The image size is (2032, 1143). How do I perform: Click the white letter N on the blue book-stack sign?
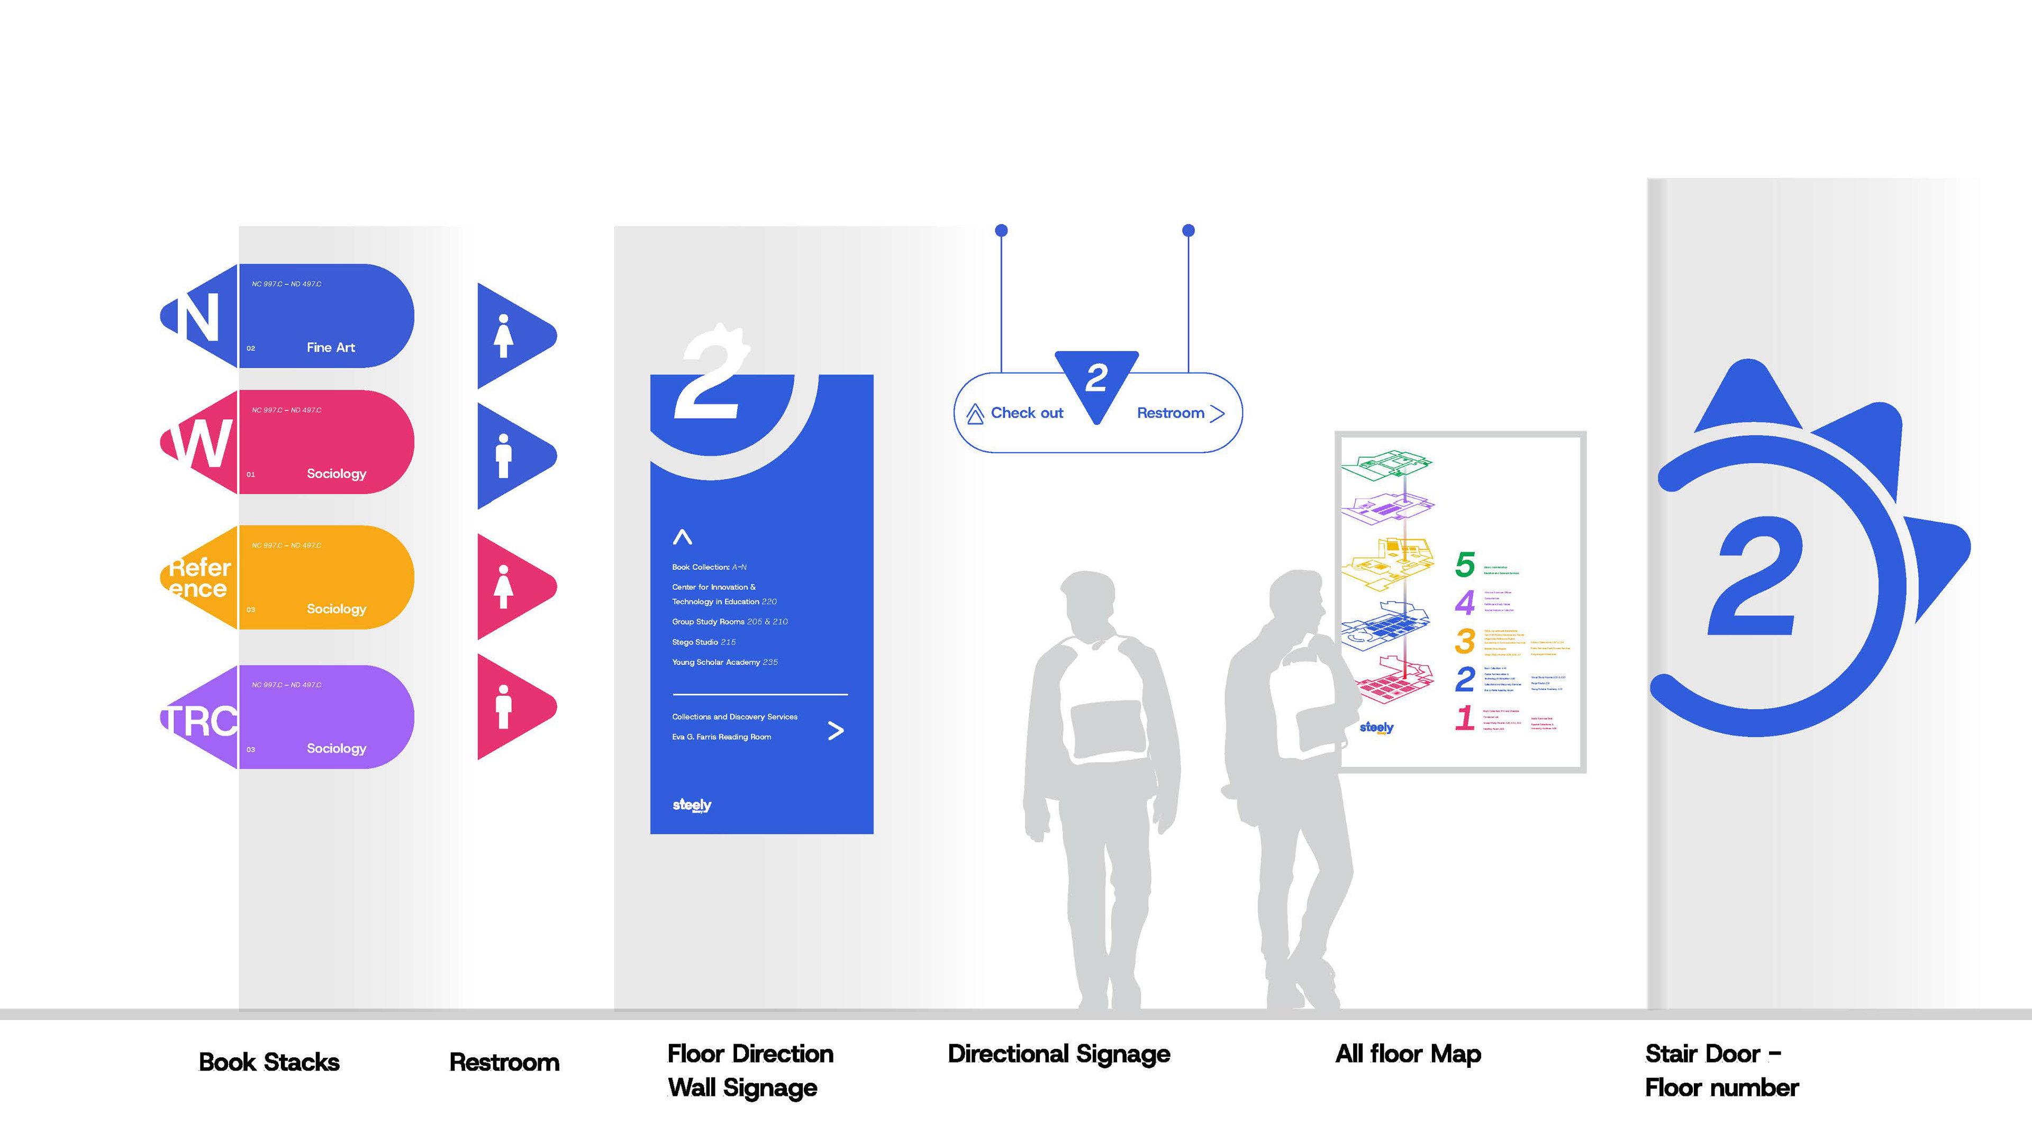coord(197,316)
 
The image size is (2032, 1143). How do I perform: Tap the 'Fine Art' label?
coord(331,347)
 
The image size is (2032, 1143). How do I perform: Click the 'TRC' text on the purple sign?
coord(201,721)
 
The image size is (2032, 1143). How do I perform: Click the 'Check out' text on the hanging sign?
coord(1026,413)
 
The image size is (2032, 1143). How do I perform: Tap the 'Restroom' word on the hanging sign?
coord(1170,413)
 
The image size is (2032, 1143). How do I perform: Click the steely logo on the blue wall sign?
coord(692,804)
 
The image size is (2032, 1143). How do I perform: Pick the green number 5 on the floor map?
coord(1465,565)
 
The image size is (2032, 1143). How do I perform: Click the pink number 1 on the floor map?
coord(1465,718)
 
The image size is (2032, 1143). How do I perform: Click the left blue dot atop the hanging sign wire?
coord(1001,230)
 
